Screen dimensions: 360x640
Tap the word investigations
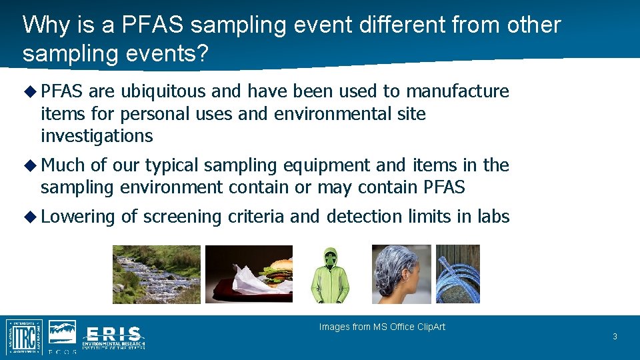pos(97,137)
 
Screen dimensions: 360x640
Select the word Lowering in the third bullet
pos(78,217)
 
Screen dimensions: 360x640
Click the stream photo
pos(156,274)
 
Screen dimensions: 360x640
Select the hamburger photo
pos(249,274)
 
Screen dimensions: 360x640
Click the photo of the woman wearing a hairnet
pos(401,274)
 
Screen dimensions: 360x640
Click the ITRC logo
pos(24,337)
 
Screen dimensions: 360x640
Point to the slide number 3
pos(615,337)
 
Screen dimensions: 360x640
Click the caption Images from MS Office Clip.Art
pos(382,327)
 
